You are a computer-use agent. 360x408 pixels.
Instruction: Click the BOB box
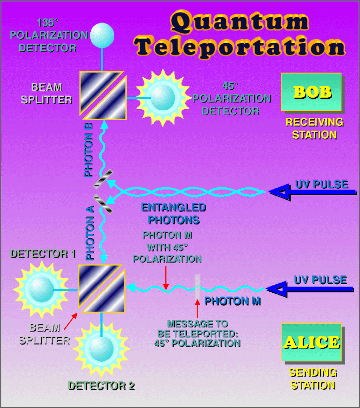311,92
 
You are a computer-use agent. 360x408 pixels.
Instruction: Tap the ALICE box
312,342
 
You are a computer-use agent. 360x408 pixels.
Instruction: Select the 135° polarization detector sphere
102,35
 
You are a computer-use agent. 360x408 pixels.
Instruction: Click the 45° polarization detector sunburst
163,98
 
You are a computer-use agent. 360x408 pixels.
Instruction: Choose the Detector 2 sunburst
101,349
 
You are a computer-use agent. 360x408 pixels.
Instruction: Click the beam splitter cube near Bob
103,95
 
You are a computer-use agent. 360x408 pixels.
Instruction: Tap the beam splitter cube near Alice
102,288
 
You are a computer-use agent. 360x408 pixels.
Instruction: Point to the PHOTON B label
88,150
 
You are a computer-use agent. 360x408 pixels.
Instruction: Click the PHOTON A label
90,233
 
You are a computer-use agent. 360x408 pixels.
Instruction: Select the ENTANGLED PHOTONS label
174,214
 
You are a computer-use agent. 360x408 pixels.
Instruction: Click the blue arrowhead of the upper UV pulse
279,192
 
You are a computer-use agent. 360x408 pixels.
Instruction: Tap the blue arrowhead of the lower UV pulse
277,289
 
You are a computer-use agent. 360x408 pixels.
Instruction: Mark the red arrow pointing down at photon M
166,278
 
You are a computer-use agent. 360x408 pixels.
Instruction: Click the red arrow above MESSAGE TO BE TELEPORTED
198,309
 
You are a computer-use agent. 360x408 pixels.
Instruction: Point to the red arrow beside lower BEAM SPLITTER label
71,321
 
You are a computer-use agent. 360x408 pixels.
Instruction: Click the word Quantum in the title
239,22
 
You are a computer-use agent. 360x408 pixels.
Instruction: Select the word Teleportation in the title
239,47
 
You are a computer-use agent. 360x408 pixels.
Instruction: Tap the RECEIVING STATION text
314,128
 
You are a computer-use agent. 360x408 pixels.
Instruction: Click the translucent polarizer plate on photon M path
198,287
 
